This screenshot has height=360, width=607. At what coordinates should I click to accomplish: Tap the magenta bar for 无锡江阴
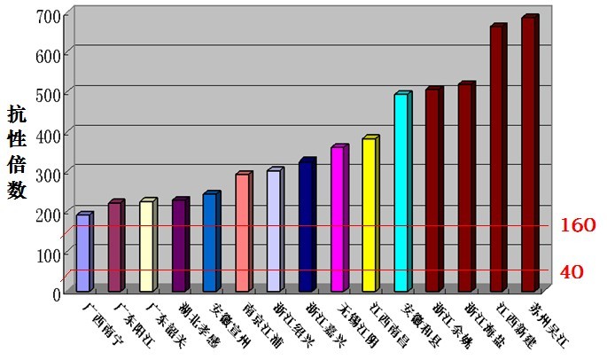338,219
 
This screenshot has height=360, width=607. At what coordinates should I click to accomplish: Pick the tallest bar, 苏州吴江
528,154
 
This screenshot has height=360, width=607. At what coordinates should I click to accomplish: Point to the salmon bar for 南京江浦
242,232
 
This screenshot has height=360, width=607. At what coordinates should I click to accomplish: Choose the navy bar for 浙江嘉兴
306,226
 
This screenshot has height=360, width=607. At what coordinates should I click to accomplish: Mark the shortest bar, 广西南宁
83,253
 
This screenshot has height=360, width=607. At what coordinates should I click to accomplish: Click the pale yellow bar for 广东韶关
147,246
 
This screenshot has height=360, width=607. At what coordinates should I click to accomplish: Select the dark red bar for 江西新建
496,159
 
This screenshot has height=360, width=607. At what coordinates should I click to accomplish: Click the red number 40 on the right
572,271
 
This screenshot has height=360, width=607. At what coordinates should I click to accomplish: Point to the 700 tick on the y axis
50,15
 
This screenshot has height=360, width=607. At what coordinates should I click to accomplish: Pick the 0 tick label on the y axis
57,292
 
